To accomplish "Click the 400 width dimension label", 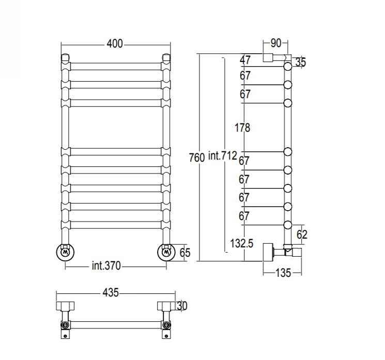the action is click(114, 44).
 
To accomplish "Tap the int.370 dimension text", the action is click(106, 265).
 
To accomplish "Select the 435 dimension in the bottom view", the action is click(111, 292).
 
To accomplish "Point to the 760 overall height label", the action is click(197, 158).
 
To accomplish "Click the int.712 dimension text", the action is click(222, 155).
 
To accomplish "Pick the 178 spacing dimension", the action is click(242, 128).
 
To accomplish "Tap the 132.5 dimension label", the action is click(242, 243).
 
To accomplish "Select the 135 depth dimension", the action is click(283, 273).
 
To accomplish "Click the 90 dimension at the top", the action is click(276, 43).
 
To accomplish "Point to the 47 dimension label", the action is click(245, 60).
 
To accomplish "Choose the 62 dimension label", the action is click(302, 234).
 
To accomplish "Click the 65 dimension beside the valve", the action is click(185, 253).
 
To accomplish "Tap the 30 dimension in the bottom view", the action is click(182, 306).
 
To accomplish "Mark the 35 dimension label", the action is click(301, 62).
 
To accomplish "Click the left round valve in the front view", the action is click(65, 253).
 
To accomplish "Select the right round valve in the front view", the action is click(166, 253).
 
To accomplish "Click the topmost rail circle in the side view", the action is click(288, 66).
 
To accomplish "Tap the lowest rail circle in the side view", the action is click(288, 225).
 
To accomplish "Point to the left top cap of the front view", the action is click(65, 57).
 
